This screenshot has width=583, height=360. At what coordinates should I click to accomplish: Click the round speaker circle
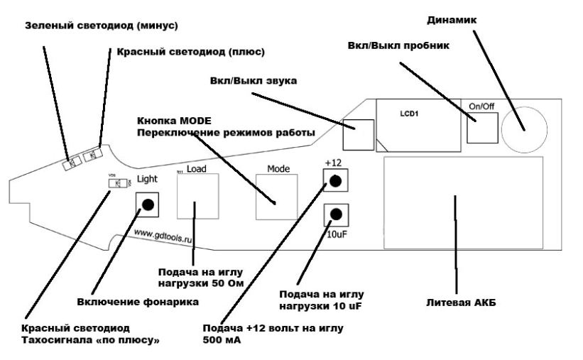tap(525, 129)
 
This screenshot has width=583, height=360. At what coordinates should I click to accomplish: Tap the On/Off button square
tap(482, 128)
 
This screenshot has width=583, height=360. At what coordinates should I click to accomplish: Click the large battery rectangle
tap(462, 203)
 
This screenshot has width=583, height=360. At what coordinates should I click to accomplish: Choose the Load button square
tap(197, 197)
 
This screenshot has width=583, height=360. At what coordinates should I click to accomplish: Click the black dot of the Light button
tap(147, 204)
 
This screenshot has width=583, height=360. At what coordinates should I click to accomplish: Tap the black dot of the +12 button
tap(335, 182)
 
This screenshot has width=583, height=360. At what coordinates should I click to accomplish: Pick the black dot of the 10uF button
tap(335, 214)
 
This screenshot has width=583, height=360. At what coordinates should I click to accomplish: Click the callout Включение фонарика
tap(137, 301)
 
